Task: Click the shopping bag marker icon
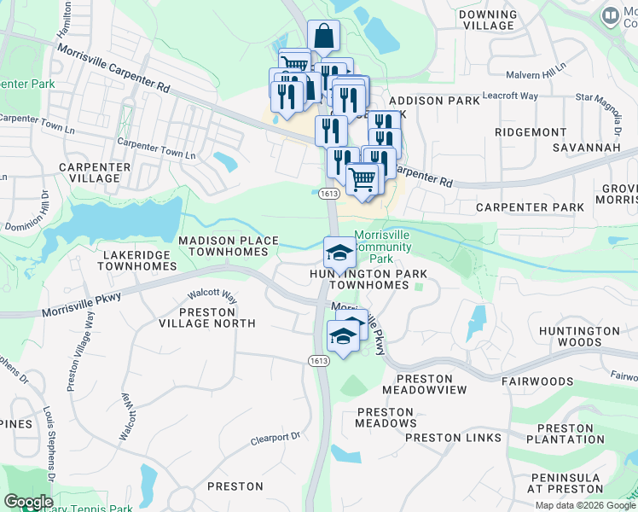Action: (323, 37)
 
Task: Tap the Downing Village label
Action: (487, 20)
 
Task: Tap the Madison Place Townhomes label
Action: (229, 247)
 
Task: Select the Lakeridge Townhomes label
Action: (137, 260)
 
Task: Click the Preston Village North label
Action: (206, 317)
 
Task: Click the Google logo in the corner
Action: (28, 502)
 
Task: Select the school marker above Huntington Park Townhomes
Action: (339, 253)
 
